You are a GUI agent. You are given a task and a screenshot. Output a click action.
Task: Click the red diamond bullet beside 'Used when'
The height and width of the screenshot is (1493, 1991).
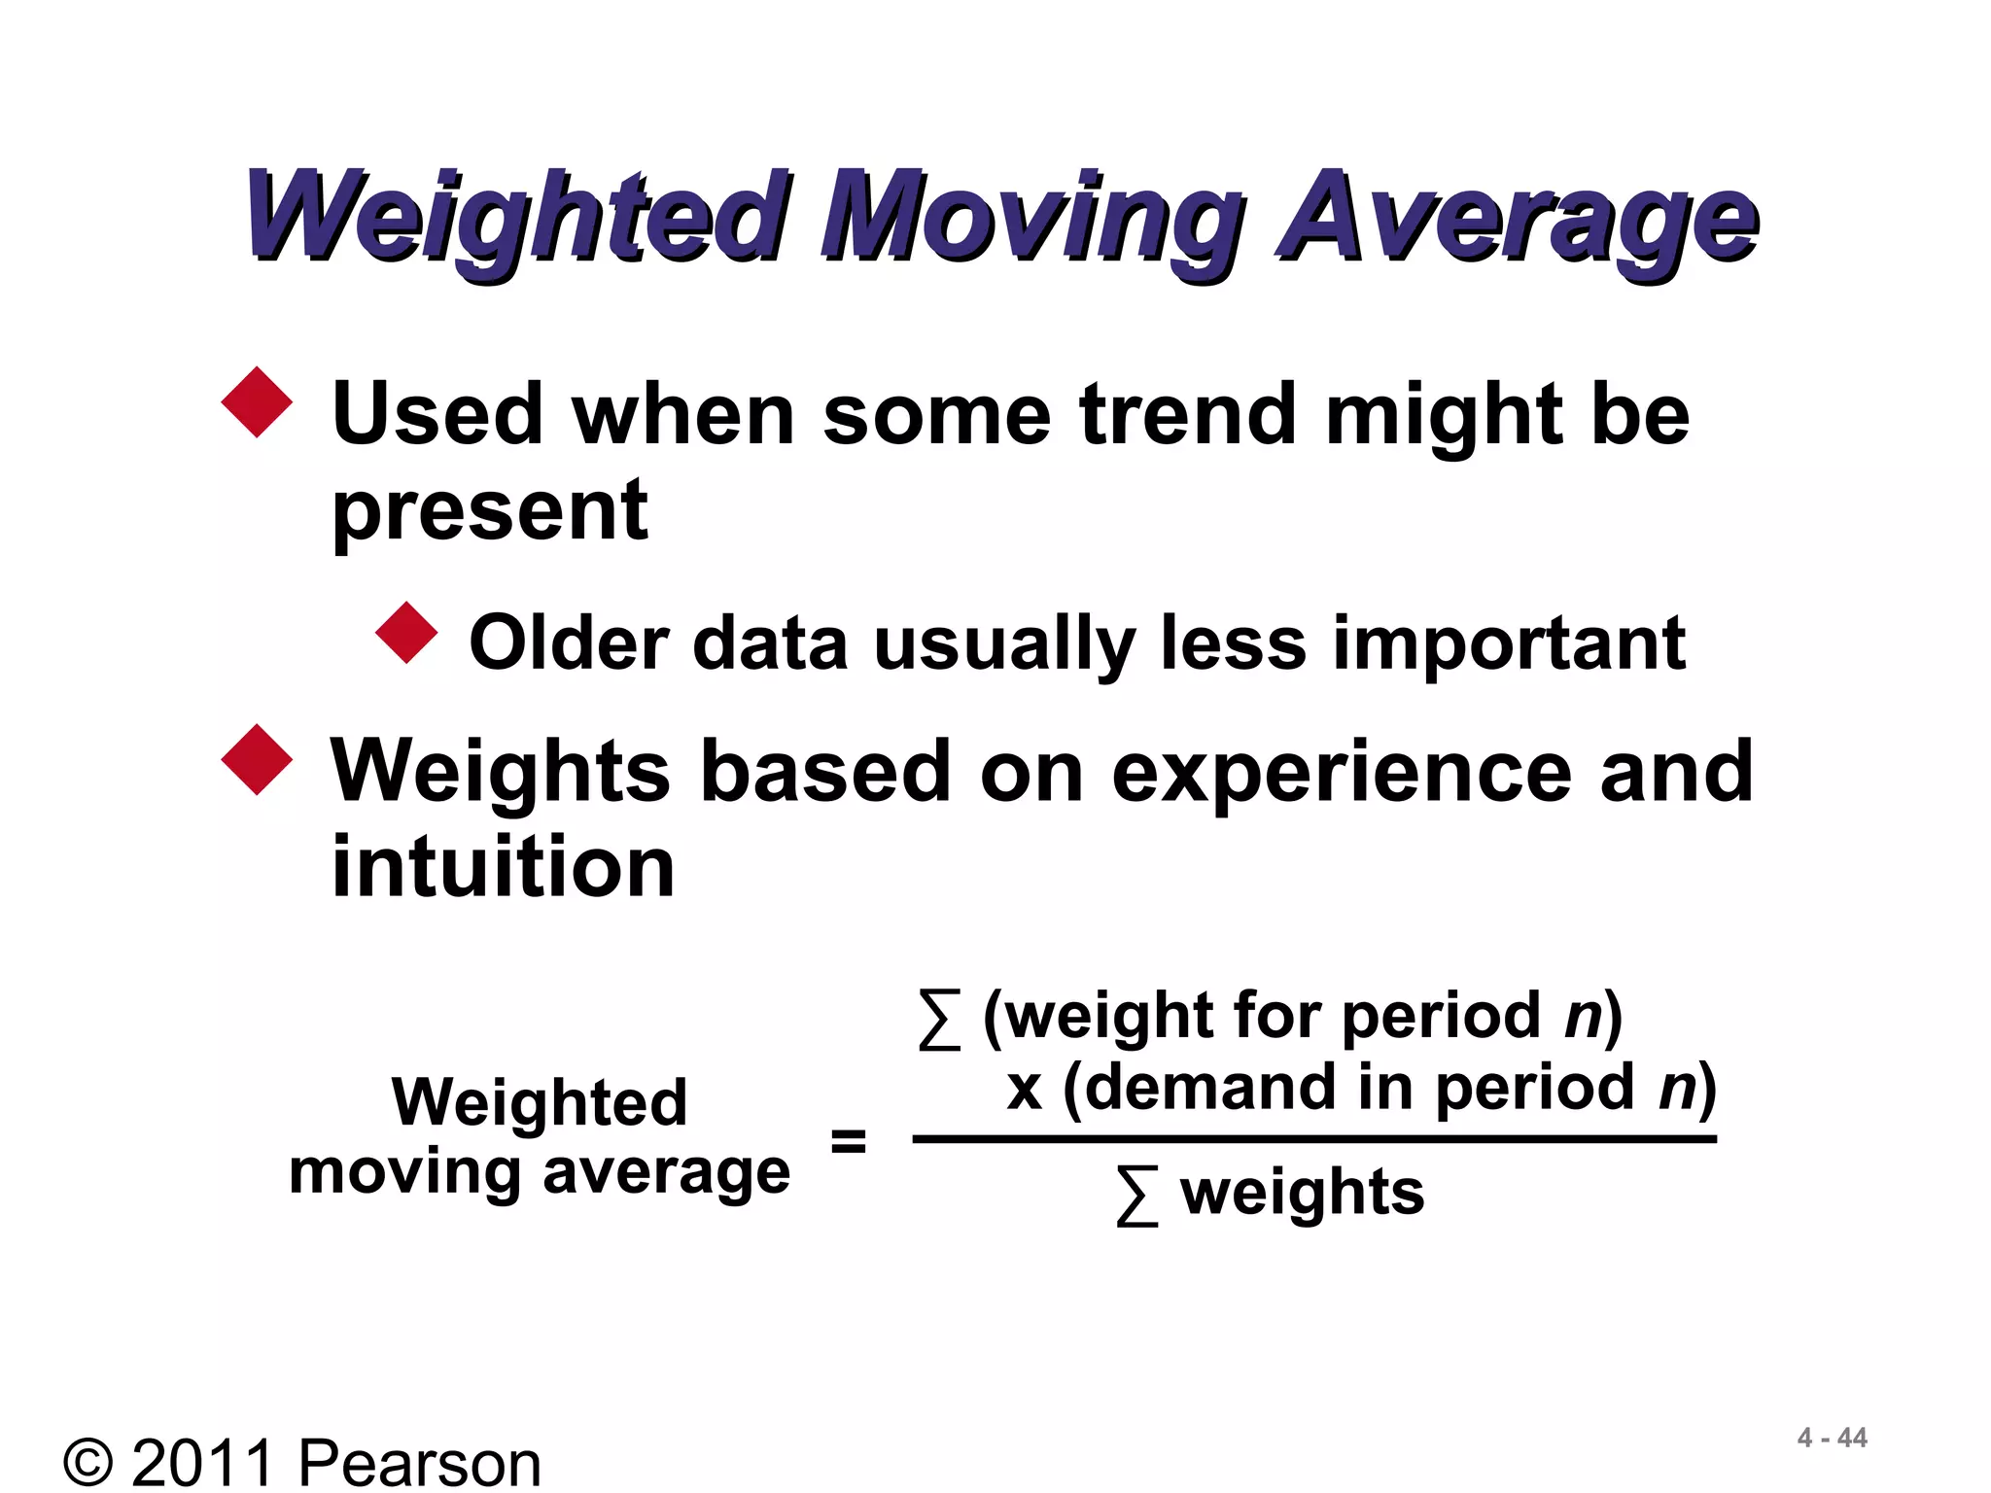257,402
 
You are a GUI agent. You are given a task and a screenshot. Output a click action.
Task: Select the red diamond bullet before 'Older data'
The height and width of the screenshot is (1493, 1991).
406,633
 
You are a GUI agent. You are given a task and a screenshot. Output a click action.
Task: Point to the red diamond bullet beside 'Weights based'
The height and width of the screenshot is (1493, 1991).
257,760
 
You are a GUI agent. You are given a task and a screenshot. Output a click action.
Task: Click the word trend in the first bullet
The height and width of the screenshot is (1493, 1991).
1188,415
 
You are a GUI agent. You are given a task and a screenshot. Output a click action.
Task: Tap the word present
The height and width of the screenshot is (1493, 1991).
490,512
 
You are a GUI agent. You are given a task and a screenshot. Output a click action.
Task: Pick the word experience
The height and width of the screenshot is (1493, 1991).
1342,773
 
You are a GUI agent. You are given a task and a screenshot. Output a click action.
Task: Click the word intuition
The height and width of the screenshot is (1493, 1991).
503,867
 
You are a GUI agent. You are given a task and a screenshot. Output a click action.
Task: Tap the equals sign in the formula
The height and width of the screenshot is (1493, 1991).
848,1140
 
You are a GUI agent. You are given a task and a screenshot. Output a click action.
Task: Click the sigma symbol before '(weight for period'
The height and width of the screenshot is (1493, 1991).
939,1020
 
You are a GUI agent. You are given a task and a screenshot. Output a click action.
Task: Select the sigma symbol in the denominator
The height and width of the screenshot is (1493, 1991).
1136,1197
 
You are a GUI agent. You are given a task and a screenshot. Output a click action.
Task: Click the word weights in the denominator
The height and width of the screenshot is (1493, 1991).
1302,1193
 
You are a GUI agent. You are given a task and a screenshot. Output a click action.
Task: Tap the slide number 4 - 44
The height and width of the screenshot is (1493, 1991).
1832,1438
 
